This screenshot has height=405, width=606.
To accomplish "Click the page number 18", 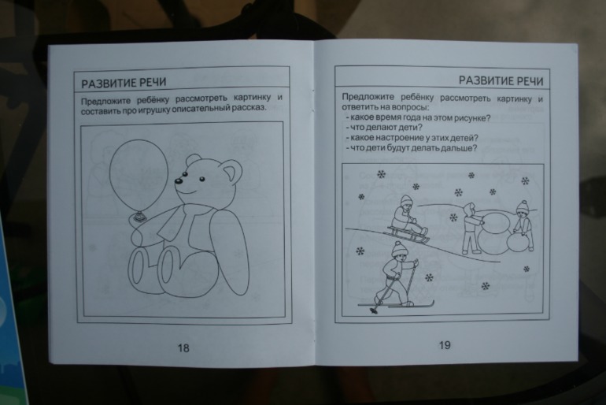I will tap(184, 347).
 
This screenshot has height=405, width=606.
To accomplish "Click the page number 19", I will tap(445, 345).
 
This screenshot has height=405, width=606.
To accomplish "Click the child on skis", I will tap(395, 272).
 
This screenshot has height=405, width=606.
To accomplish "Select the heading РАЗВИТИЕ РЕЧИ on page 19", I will tap(501, 80).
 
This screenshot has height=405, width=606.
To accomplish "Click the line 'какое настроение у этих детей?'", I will tap(410, 137).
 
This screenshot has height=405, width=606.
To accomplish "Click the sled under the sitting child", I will tap(407, 234).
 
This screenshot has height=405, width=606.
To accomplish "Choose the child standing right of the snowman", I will tap(522, 225).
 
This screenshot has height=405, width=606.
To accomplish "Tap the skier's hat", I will tap(399, 247).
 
